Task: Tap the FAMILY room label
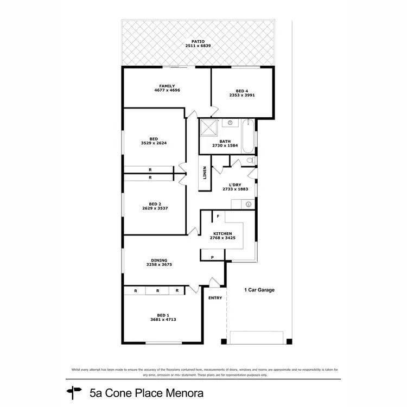[x=167, y=86]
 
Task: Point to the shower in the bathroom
[x=209, y=129]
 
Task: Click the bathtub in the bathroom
[x=247, y=136]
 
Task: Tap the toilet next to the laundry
[x=249, y=161]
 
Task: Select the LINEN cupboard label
[x=205, y=173]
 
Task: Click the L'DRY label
[x=235, y=185]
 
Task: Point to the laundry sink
[x=248, y=204]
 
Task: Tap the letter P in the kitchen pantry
[x=212, y=257]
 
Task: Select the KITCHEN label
[x=222, y=233]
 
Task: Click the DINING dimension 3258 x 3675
[x=159, y=265]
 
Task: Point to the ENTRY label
[x=215, y=297]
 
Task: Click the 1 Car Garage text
[x=259, y=290]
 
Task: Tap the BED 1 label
[x=163, y=315]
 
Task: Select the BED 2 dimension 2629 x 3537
[x=155, y=208]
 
